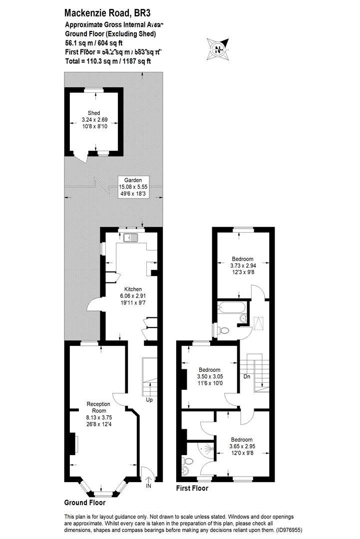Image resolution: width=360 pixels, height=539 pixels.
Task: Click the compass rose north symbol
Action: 218,49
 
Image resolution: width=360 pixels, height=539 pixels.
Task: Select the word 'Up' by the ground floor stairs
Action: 149,400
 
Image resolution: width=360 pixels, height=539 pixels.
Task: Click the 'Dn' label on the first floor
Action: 247,377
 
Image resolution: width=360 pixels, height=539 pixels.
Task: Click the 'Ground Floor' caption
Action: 84,503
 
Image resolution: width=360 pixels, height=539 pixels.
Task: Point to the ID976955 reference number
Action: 287,530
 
